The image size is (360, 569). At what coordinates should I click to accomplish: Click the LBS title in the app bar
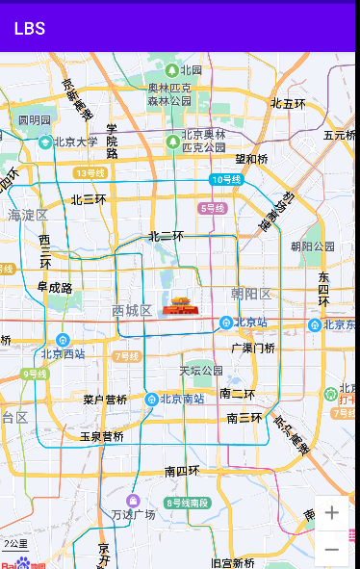coord(29,29)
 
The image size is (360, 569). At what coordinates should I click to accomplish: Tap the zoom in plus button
coord(332,513)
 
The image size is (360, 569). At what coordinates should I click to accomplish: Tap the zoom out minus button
coord(332,549)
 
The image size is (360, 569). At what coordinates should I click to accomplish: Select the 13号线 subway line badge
coord(90,173)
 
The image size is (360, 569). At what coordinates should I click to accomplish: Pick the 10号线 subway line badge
coord(226,179)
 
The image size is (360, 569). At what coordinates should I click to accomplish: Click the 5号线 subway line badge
coord(212,208)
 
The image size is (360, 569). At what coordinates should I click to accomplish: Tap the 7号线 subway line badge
coord(127,356)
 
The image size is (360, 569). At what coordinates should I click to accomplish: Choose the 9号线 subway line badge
coord(34,374)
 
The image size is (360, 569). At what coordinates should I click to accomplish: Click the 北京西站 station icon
coord(63,339)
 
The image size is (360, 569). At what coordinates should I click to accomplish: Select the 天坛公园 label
coord(200,371)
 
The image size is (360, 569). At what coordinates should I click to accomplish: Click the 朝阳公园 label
coord(313,246)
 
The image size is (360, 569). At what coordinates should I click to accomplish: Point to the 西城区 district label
coord(132,310)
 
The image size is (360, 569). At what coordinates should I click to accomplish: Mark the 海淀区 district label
coord(28,215)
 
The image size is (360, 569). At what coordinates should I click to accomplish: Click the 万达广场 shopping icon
coord(133,501)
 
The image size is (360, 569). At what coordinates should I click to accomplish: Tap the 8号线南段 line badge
coord(187,503)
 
